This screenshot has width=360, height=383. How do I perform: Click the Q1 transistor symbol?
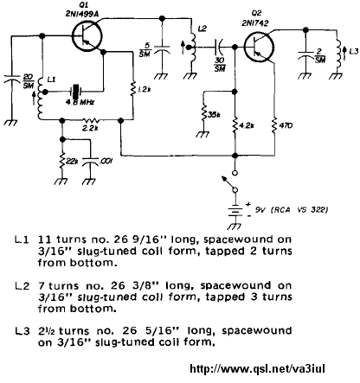(87, 36)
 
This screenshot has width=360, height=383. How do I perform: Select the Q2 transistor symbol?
(259, 47)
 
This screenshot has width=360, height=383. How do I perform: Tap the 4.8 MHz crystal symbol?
(76, 92)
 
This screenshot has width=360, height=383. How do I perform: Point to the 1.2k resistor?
(133, 88)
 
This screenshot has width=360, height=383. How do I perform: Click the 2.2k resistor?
(91, 119)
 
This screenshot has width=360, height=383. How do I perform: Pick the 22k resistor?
(61, 162)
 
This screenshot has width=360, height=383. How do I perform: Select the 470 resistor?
(273, 125)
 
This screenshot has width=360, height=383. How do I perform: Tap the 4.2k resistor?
(235, 125)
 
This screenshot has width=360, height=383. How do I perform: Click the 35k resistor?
(204, 112)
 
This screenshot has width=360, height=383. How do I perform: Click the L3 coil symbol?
(338, 54)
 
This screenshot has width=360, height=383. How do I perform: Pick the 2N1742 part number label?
(255, 22)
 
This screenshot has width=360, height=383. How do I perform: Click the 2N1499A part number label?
(82, 14)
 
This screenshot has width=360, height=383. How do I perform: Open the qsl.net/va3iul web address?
(257, 368)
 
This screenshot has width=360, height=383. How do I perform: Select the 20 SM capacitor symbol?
(12, 79)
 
